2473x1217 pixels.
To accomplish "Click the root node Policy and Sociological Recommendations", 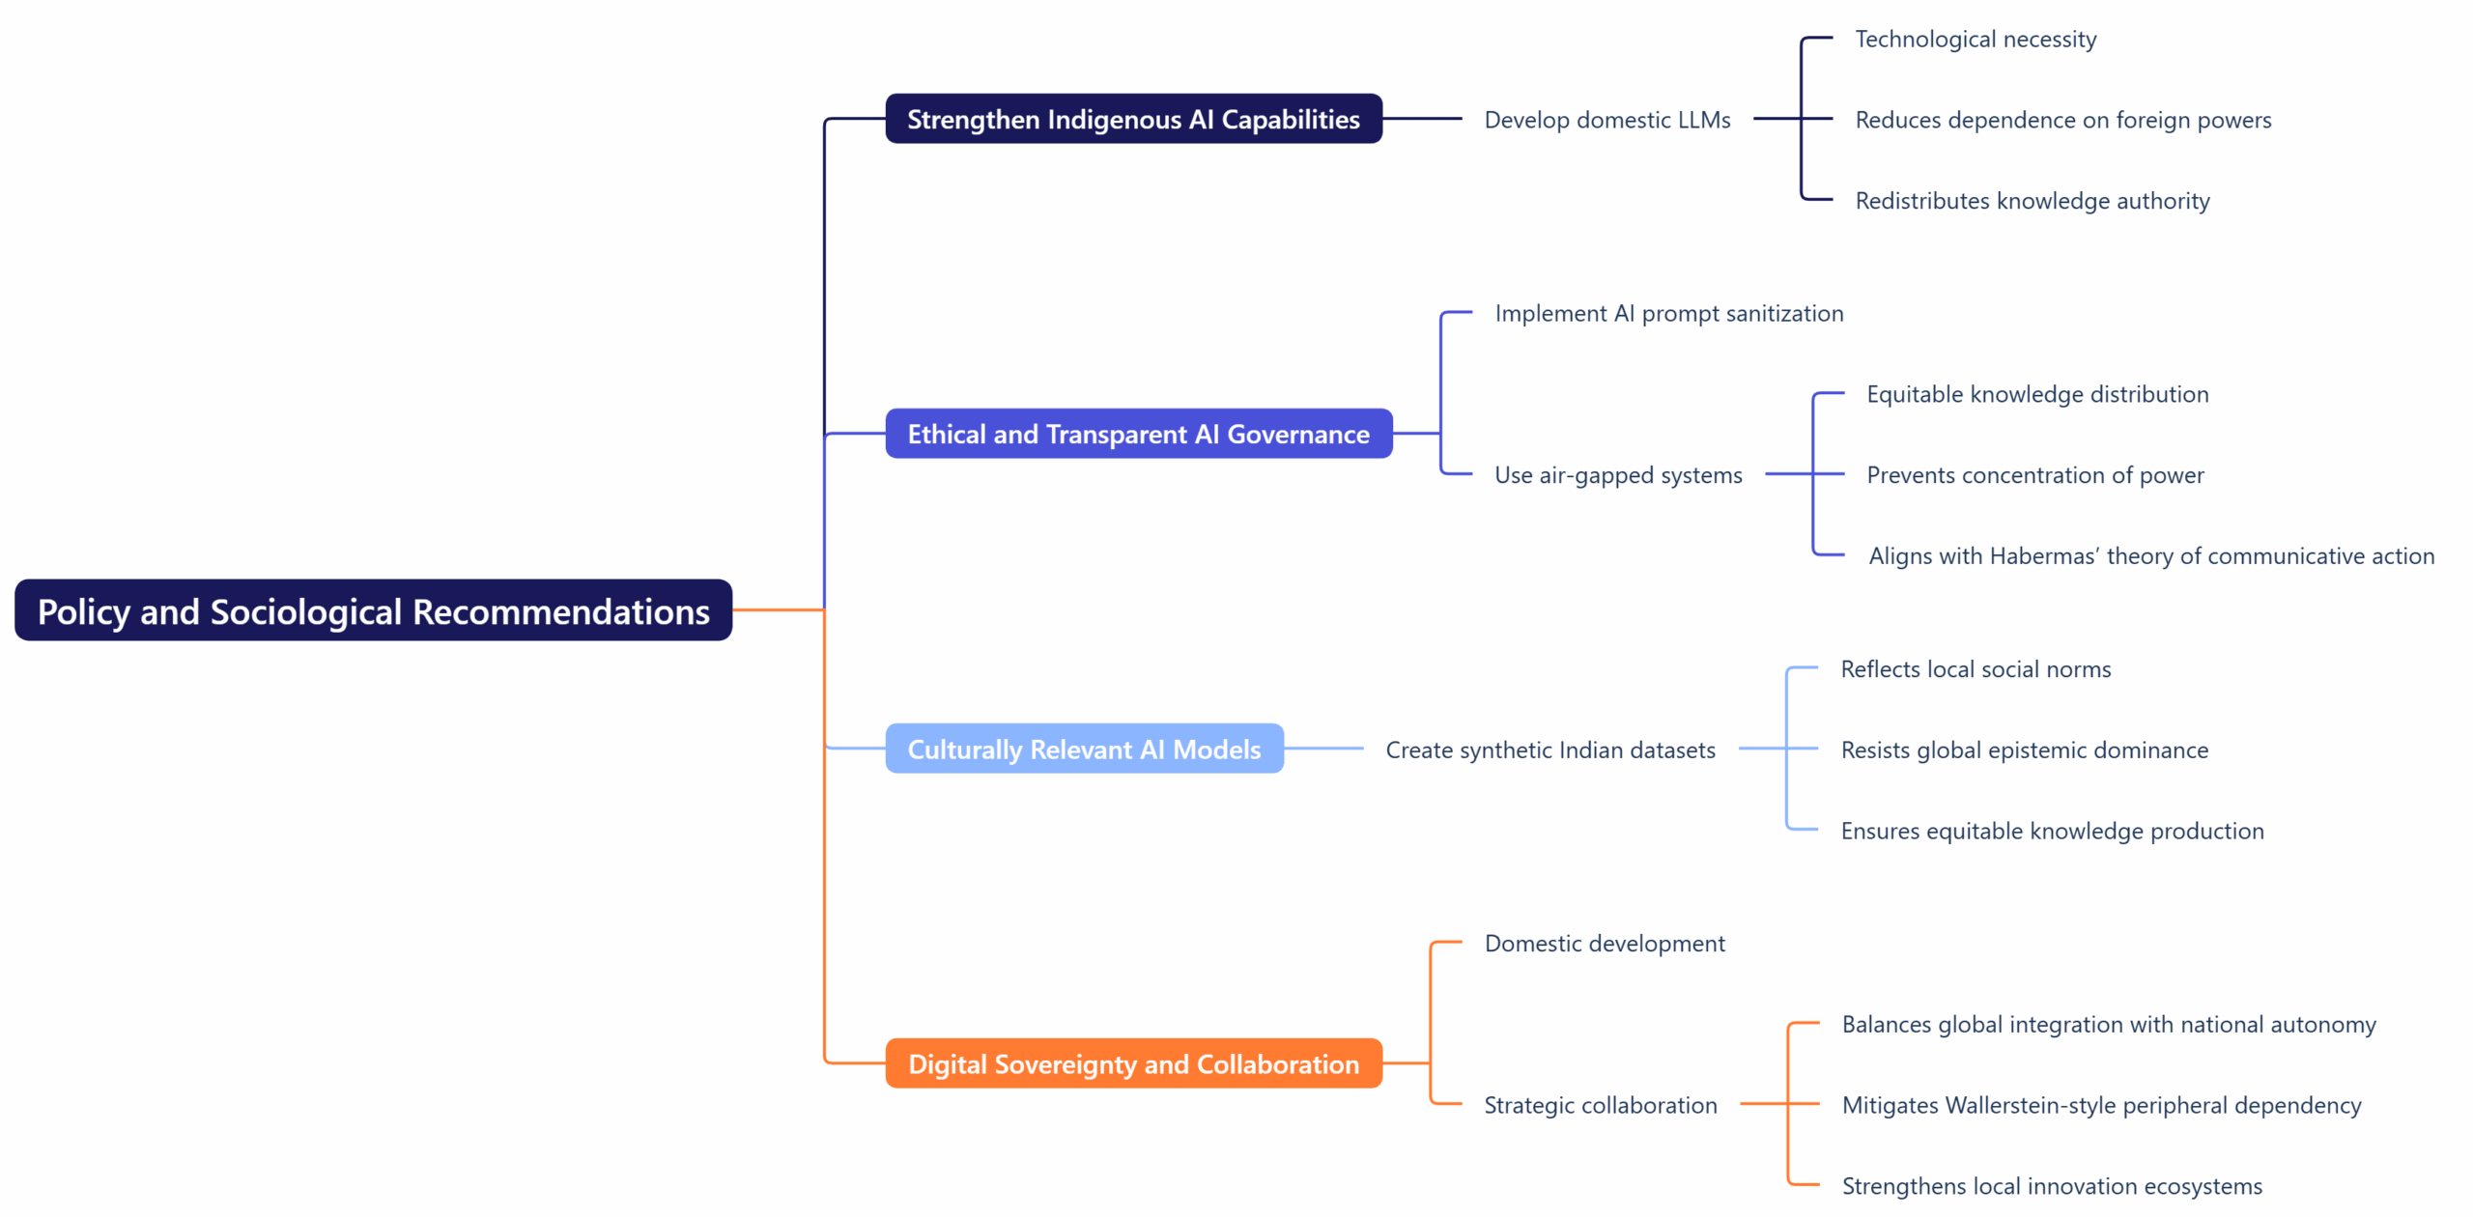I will pos(373,611).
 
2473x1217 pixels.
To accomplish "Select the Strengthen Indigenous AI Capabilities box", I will pos(1132,120).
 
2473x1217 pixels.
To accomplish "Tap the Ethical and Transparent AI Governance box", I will pos(1137,435).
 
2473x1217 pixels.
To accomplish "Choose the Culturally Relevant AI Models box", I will pos(1083,750).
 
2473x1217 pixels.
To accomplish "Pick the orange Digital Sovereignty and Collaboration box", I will pos(1132,1064).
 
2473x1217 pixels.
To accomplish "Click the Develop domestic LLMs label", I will pos(1606,120).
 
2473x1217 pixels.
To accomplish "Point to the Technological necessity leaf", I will pos(1975,40).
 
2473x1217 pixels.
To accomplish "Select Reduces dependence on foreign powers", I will pos(2062,120).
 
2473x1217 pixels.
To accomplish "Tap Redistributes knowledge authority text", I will pos(2032,201).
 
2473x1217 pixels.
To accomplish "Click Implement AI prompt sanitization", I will pos(1668,314).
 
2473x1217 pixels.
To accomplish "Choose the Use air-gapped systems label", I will pos(1617,475).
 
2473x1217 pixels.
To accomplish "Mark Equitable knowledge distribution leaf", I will pos(2036,394).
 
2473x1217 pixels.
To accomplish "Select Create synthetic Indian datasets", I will pos(1549,750).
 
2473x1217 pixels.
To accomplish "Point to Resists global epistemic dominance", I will pos(2024,750).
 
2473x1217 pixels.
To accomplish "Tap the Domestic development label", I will pos(1604,944).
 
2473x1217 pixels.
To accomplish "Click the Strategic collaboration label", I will pos(1600,1105).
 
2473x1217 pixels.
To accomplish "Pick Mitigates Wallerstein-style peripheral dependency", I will pos(2101,1105).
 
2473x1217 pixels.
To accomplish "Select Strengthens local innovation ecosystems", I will pos(2051,1186).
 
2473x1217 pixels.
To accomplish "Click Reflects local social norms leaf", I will pos(1975,669).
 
